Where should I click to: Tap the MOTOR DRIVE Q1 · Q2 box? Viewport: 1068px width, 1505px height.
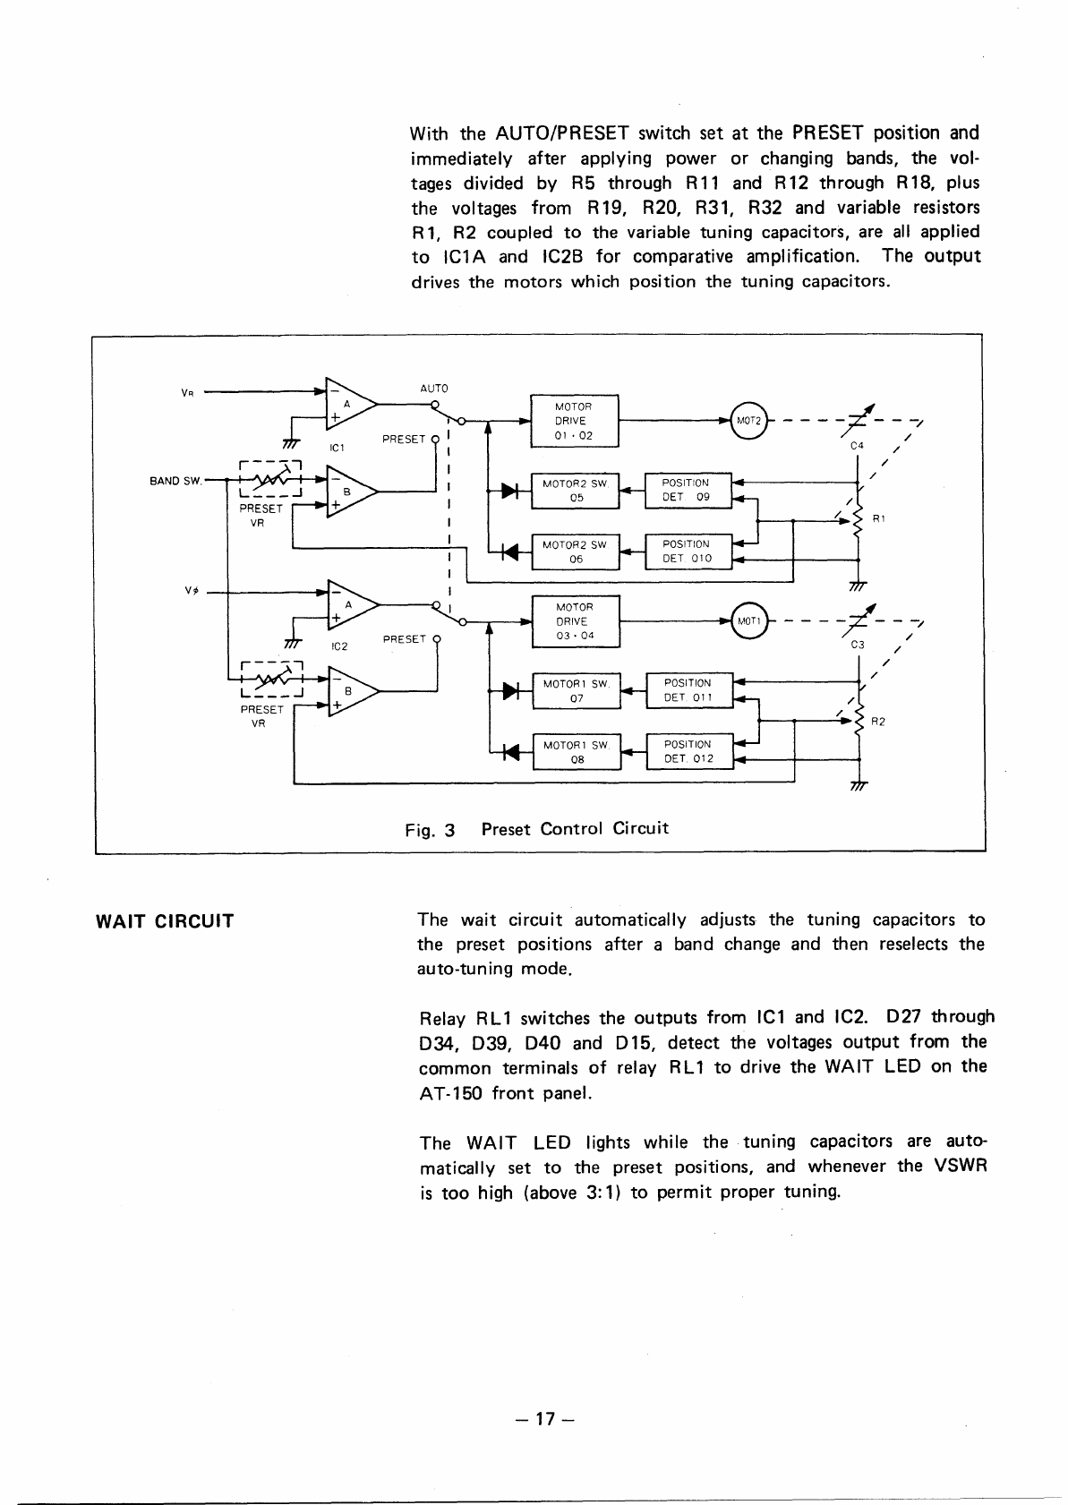coord(574,421)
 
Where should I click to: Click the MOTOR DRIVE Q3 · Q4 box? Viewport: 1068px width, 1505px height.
coord(574,621)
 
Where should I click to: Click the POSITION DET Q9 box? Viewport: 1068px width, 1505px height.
coord(687,491)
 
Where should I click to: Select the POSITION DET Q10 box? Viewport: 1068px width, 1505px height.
coord(687,552)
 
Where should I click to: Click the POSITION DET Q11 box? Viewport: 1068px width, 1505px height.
coord(688,691)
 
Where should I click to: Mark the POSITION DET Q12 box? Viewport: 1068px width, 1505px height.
coord(688,752)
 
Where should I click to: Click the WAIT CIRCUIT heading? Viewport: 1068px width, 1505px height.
coord(164,921)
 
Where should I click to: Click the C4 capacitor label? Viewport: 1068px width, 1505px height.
coord(857,446)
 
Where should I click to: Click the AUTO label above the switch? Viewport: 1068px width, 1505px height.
coord(433,389)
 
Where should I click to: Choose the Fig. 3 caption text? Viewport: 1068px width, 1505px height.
coord(536,829)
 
